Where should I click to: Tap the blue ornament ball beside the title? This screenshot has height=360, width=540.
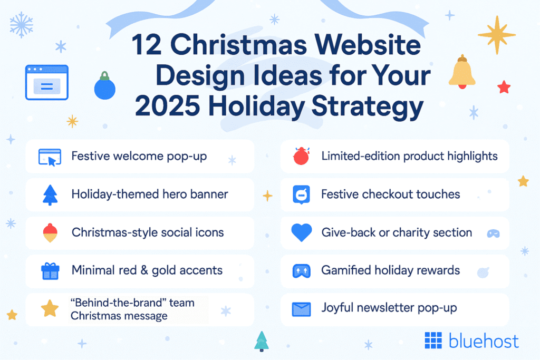104,87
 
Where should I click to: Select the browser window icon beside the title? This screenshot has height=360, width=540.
46,83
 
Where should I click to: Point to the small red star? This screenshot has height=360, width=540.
504,87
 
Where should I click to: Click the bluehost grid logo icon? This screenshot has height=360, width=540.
433,341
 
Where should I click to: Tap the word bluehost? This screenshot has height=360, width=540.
484,341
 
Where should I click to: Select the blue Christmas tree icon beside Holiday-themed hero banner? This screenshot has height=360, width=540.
50,195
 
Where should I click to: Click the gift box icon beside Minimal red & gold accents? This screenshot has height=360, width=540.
50,271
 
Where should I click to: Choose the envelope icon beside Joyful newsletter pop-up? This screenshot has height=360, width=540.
301,309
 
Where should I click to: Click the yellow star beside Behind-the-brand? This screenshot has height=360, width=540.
50,309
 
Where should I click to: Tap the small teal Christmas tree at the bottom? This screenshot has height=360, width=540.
262,341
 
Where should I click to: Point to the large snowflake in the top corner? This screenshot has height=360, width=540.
22,25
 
